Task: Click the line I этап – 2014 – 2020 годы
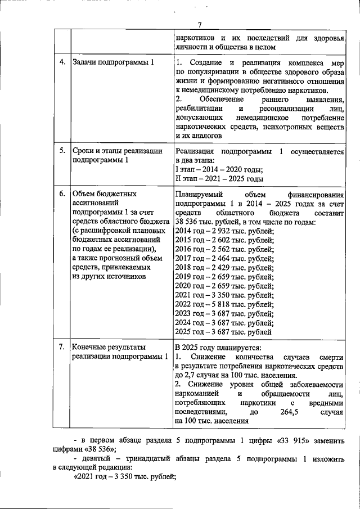(219, 170)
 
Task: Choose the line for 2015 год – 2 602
(224, 240)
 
